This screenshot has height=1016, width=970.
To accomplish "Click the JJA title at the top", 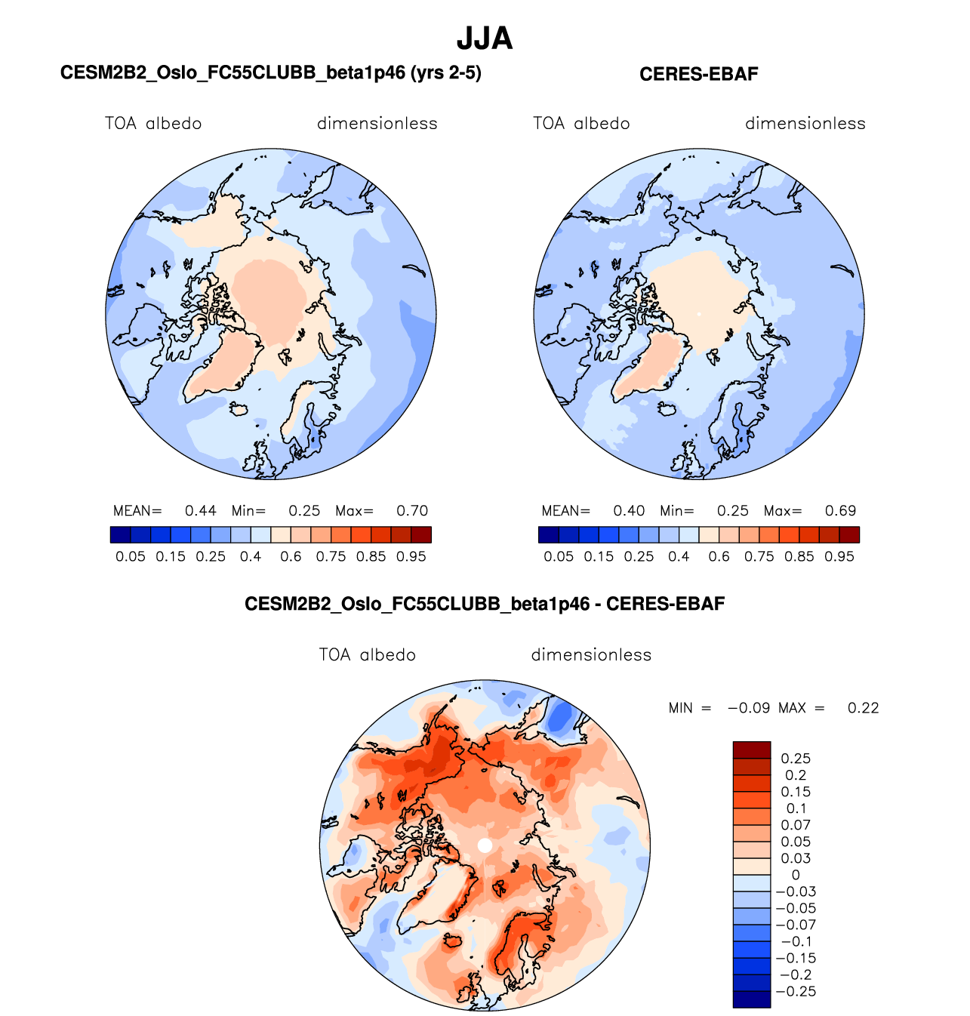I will [485, 38].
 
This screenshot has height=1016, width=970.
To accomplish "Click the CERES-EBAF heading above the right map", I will [698, 74].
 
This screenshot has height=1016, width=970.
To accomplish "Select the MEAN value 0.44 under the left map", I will [201, 511].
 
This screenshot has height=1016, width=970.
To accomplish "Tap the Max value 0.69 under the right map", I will [840, 511].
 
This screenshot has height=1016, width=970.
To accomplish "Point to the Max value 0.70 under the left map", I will [412, 511].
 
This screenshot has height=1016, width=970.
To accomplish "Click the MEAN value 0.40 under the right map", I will [629, 511].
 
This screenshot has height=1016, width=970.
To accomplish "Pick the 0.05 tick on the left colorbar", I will [131, 556].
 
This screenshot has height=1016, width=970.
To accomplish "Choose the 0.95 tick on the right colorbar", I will [839, 556].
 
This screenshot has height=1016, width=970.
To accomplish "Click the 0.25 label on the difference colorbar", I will [796, 759].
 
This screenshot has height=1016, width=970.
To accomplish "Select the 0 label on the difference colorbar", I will [796, 875].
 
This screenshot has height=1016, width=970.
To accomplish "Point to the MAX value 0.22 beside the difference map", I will [863, 708].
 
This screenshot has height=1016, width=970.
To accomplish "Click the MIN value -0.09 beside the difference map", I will [749, 708].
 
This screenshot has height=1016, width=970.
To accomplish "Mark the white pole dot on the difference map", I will [485, 845].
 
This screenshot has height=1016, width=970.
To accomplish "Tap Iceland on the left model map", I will [240, 410].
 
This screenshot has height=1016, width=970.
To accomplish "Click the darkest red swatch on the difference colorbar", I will [751, 750].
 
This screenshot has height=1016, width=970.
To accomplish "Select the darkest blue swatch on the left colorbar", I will [120, 535].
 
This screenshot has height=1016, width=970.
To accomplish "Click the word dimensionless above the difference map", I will [591, 654].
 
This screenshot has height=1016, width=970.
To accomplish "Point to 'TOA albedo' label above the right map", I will [581, 124].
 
